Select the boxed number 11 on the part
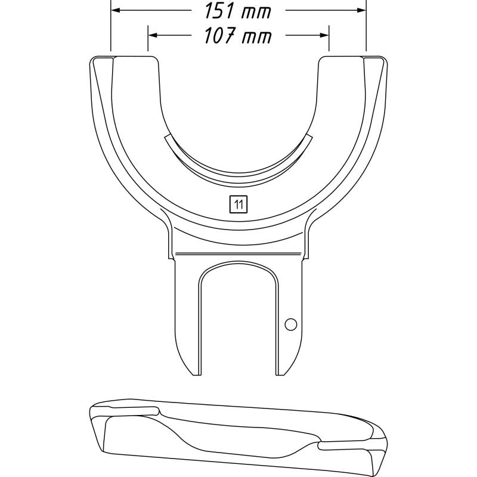pos(238,205)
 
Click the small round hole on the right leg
pos(290,324)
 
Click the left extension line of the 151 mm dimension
pos(111,30)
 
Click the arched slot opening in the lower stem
pos(238,322)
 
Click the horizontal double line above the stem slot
pos(238,254)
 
